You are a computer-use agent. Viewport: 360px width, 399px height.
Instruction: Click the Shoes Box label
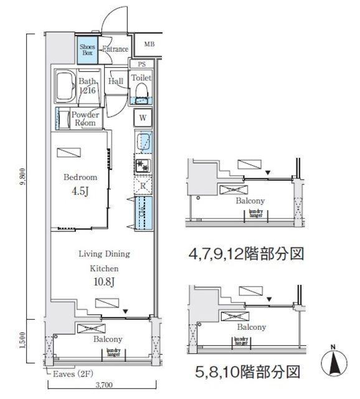click(87, 49)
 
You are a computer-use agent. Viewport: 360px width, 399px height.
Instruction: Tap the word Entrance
click(115, 50)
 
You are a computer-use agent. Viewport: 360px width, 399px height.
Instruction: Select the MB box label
click(149, 44)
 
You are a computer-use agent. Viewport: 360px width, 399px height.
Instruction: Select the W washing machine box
click(143, 118)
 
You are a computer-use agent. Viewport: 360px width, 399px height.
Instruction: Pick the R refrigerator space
click(143, 186)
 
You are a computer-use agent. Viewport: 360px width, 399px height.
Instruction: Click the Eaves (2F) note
click(69, 374)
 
